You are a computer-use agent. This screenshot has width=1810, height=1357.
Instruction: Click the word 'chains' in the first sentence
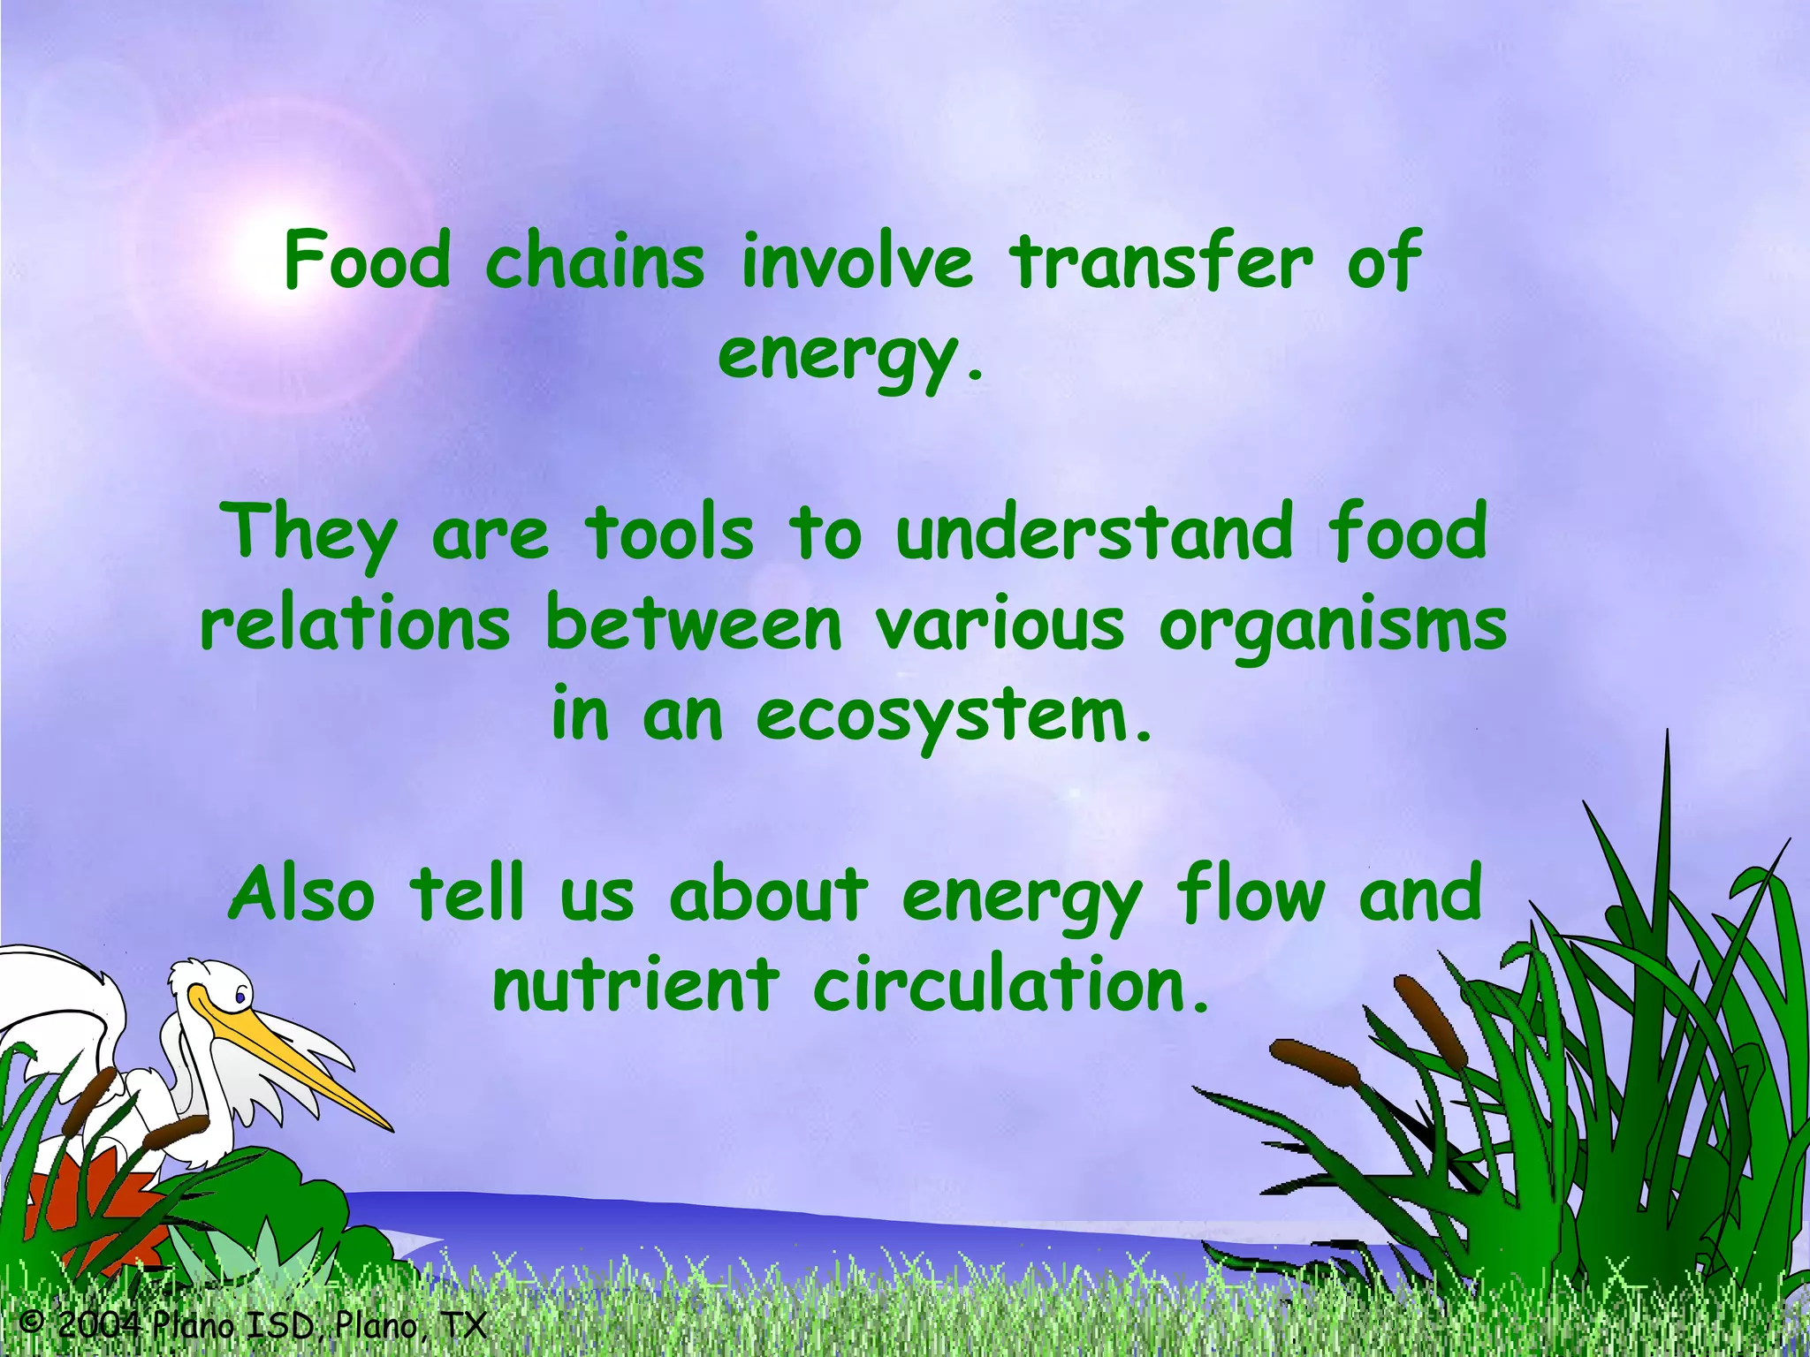(x=595, y=262)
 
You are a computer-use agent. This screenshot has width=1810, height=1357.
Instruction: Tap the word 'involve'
(x=856, y=262)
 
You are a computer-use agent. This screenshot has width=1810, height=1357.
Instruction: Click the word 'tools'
(x=669, y=533)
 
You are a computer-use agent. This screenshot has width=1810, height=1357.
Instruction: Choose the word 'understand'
(x=1093, y=533)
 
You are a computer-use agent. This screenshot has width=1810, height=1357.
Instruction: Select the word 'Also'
(x=301, y=894)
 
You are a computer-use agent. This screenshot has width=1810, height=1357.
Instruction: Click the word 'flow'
(x=1250, y=894)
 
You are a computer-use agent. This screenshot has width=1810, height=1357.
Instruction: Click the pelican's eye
(x=240, y=997)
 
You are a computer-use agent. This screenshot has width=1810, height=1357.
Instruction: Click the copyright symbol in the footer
(x=32, y=1323)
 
